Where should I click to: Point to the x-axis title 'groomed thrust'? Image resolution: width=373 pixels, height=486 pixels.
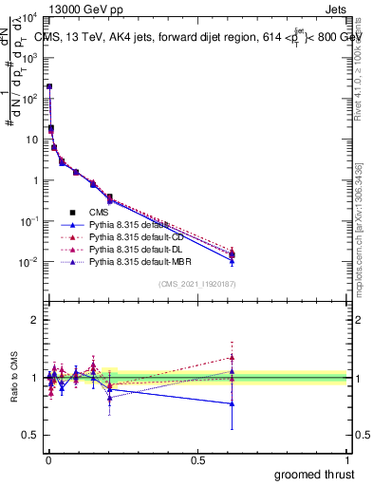(x=314, y=473)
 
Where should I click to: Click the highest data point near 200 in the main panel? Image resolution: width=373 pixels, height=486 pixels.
(x=49, y=86)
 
